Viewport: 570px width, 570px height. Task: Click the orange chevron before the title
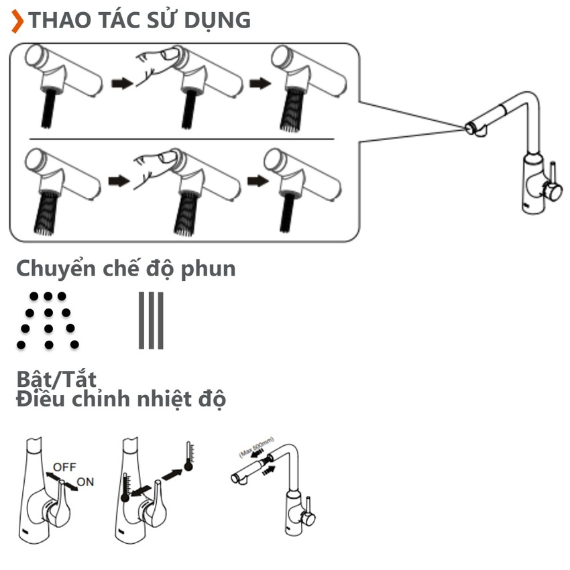[x=17, y=21]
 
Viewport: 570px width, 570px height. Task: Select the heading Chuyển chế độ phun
[x=126, y=268]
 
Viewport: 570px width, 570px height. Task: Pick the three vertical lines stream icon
[x=151, y=321]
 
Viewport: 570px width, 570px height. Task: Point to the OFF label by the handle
[x=64, y=466]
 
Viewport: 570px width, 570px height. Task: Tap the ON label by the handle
[x=85, y=481]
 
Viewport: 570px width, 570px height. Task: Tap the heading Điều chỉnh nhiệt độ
[x=121, y=400]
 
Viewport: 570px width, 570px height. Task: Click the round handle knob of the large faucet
[x=553, y=192]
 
